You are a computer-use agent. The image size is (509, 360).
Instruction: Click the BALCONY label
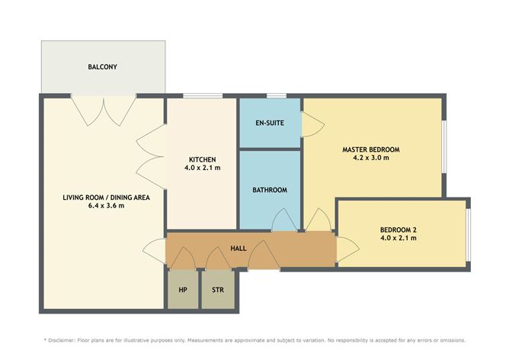pos(102,67)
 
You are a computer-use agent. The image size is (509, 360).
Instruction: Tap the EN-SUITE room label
pos(270,123)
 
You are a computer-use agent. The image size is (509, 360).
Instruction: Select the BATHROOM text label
pos(270,190)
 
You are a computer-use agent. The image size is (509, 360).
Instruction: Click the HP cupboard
pos(183,289)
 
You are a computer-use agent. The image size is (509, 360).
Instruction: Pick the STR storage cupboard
pos(218,289)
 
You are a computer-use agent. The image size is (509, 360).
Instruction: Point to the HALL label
pos(238,249)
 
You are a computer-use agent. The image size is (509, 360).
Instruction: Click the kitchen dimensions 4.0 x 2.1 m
pos(202,168)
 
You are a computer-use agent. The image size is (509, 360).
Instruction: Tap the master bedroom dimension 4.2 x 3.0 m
pos(371,158)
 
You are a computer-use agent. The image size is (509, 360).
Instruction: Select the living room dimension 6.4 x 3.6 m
pos(106,205)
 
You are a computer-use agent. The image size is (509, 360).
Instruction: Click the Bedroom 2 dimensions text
pos(399,238)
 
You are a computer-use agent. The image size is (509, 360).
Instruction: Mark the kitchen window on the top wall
pos(203,95)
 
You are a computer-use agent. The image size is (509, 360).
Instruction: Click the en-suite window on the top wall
pos(277,95)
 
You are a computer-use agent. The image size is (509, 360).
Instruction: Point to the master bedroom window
pos(444,147)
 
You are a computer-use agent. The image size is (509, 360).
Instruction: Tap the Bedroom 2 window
pos(469,235)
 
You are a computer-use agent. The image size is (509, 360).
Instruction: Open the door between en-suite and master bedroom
pos(313,124)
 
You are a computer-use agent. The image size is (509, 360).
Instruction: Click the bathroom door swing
pos(284,220)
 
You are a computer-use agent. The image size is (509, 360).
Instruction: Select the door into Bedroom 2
pos(348,249)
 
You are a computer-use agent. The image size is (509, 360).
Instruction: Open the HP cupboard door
pos(182,259)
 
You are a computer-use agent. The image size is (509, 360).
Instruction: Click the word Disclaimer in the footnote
pos(62,340)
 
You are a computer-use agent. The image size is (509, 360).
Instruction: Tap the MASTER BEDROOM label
pos(371,149)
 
